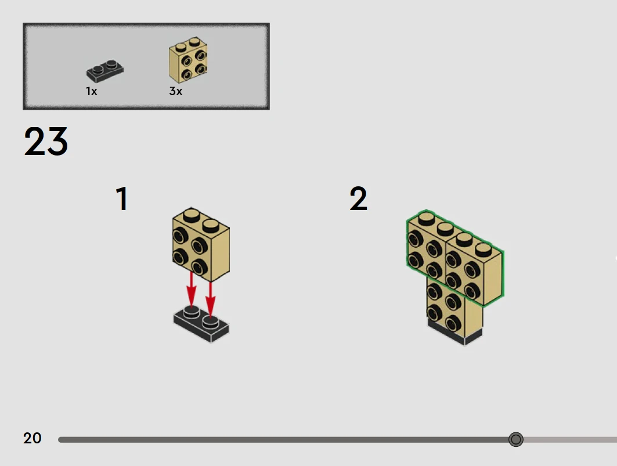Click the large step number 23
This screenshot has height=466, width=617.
point(46,141)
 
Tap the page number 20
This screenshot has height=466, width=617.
point(33,438)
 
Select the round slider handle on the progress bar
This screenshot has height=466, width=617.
point(515,439)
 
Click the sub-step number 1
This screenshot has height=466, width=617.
point(122,199)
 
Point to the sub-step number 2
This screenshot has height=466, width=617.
point(358,199)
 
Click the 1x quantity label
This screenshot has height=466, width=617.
point(92,91)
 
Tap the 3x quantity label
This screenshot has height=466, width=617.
point(176,91)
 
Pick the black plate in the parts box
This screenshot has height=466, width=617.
point(104,71)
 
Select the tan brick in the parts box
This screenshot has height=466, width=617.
point(188,60)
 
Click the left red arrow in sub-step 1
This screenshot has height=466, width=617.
point(191,289)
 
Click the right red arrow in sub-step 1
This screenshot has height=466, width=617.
point(211,299)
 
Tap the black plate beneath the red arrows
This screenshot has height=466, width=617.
point(201,324)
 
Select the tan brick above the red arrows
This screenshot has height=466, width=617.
point(201,245)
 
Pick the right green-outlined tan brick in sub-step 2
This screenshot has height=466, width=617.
point(474,268)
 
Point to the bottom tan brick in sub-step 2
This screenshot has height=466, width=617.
point(454,307)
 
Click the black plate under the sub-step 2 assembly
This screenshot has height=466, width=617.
point(455,332)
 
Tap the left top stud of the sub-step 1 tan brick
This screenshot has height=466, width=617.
point(191,215)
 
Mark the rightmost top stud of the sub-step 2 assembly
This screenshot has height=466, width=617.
point(484,250)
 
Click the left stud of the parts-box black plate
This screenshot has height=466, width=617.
point(98,70)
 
